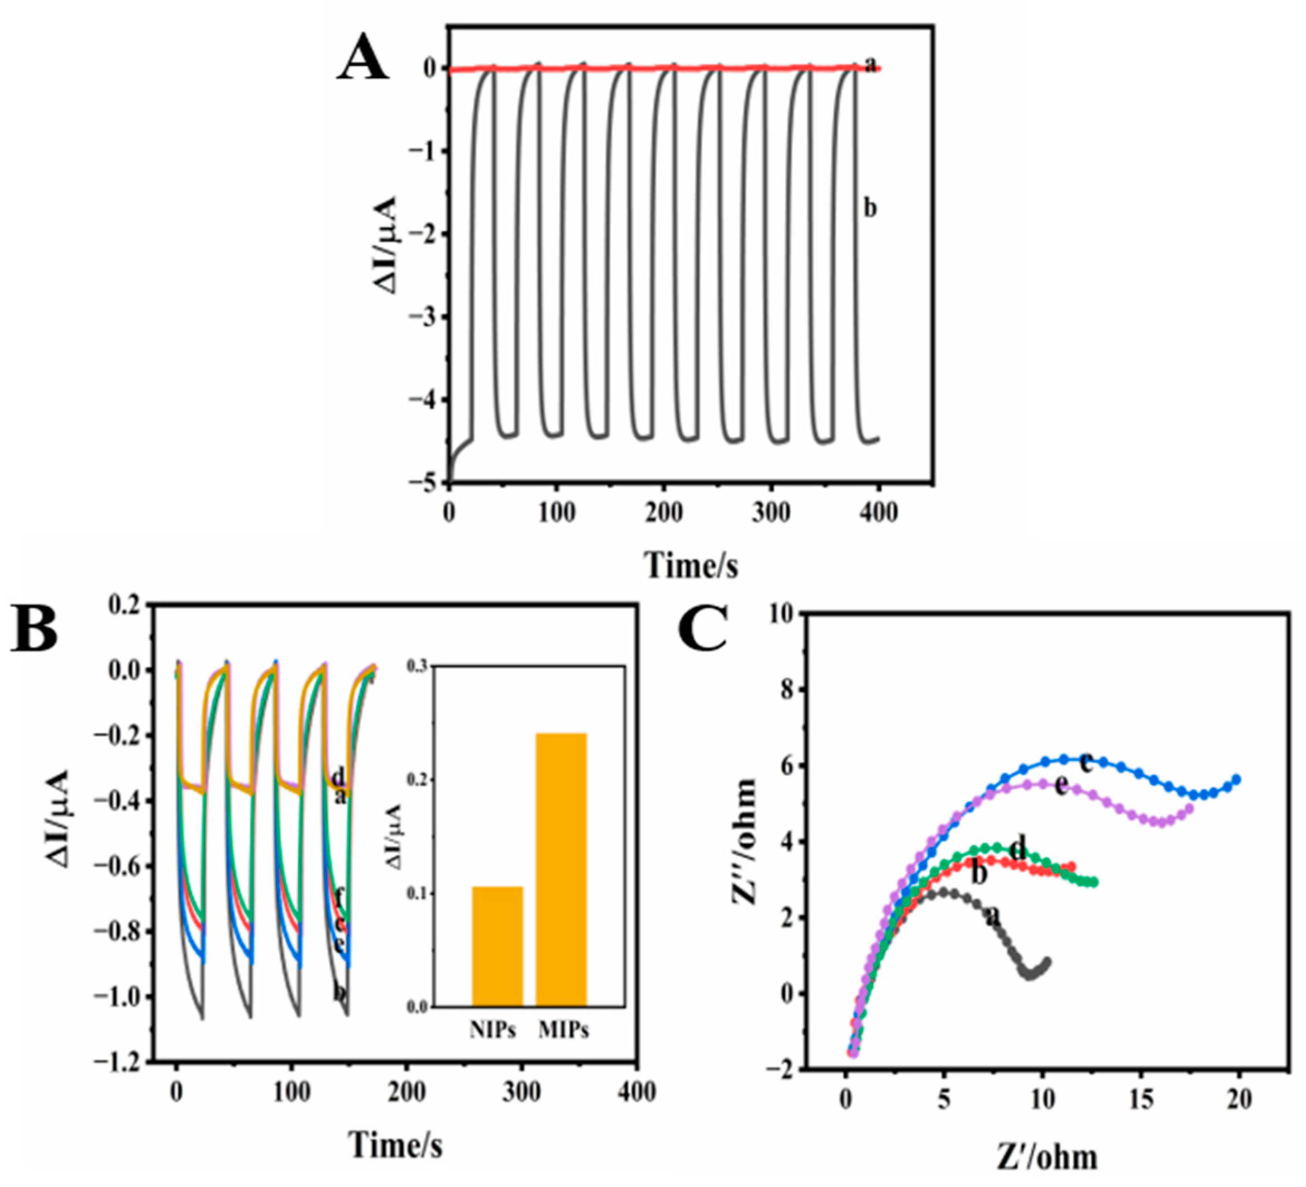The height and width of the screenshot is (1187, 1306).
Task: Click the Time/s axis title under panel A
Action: [x=691, y=564]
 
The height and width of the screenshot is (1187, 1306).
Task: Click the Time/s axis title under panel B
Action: [x=396, y=1144]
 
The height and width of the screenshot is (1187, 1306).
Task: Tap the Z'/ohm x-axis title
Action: [x=1046, y=1156]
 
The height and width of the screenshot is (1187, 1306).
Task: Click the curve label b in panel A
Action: [x=870, y=208]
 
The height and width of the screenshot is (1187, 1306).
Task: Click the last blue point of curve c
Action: [x=1236, y=779]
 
